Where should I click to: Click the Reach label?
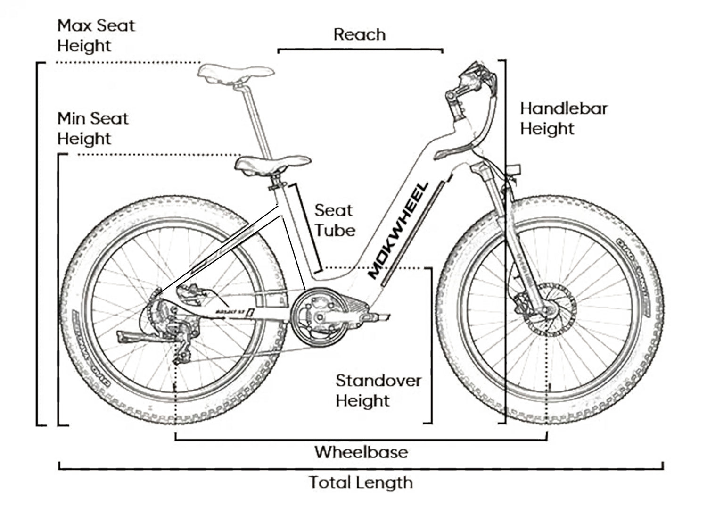359,34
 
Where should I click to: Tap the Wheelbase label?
361,452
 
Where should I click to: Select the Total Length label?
361,482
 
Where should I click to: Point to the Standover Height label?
378,391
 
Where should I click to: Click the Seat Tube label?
335,220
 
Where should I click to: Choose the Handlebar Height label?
563,118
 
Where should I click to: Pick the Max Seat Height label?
96,35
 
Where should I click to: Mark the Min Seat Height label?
92,128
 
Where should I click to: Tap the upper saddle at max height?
236,72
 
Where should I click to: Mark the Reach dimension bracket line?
360,49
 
